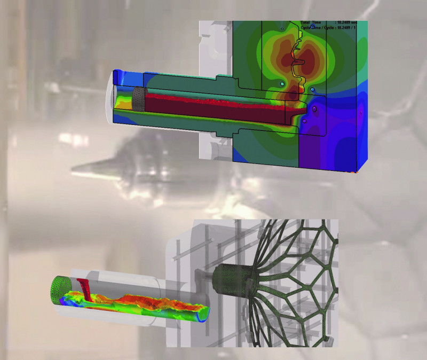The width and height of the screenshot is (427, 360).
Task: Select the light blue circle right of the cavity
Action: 312,90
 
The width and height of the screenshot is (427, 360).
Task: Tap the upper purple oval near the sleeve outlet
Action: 314,109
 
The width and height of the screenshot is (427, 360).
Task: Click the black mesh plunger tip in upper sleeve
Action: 138,99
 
